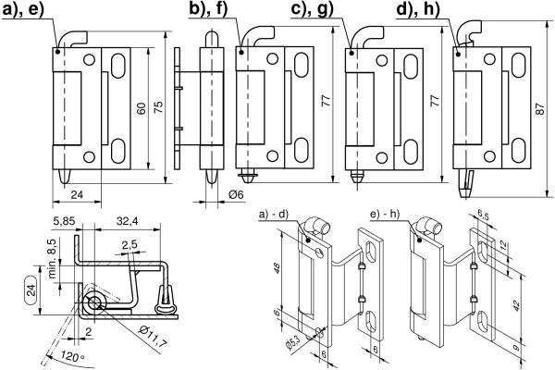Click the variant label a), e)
tap(28, 10)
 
